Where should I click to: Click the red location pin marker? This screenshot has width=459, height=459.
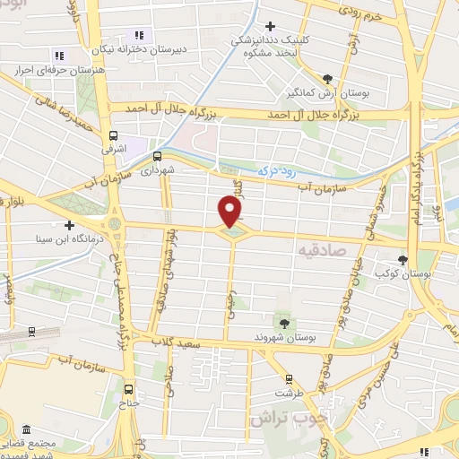[x=231, y=211]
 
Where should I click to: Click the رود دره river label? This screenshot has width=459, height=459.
[x=274, y=169]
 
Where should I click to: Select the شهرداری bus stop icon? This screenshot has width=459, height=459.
[x=159, y=154]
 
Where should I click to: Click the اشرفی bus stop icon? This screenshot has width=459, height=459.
[x=112, y=137]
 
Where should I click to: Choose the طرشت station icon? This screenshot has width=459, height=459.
[x=289, y=379]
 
